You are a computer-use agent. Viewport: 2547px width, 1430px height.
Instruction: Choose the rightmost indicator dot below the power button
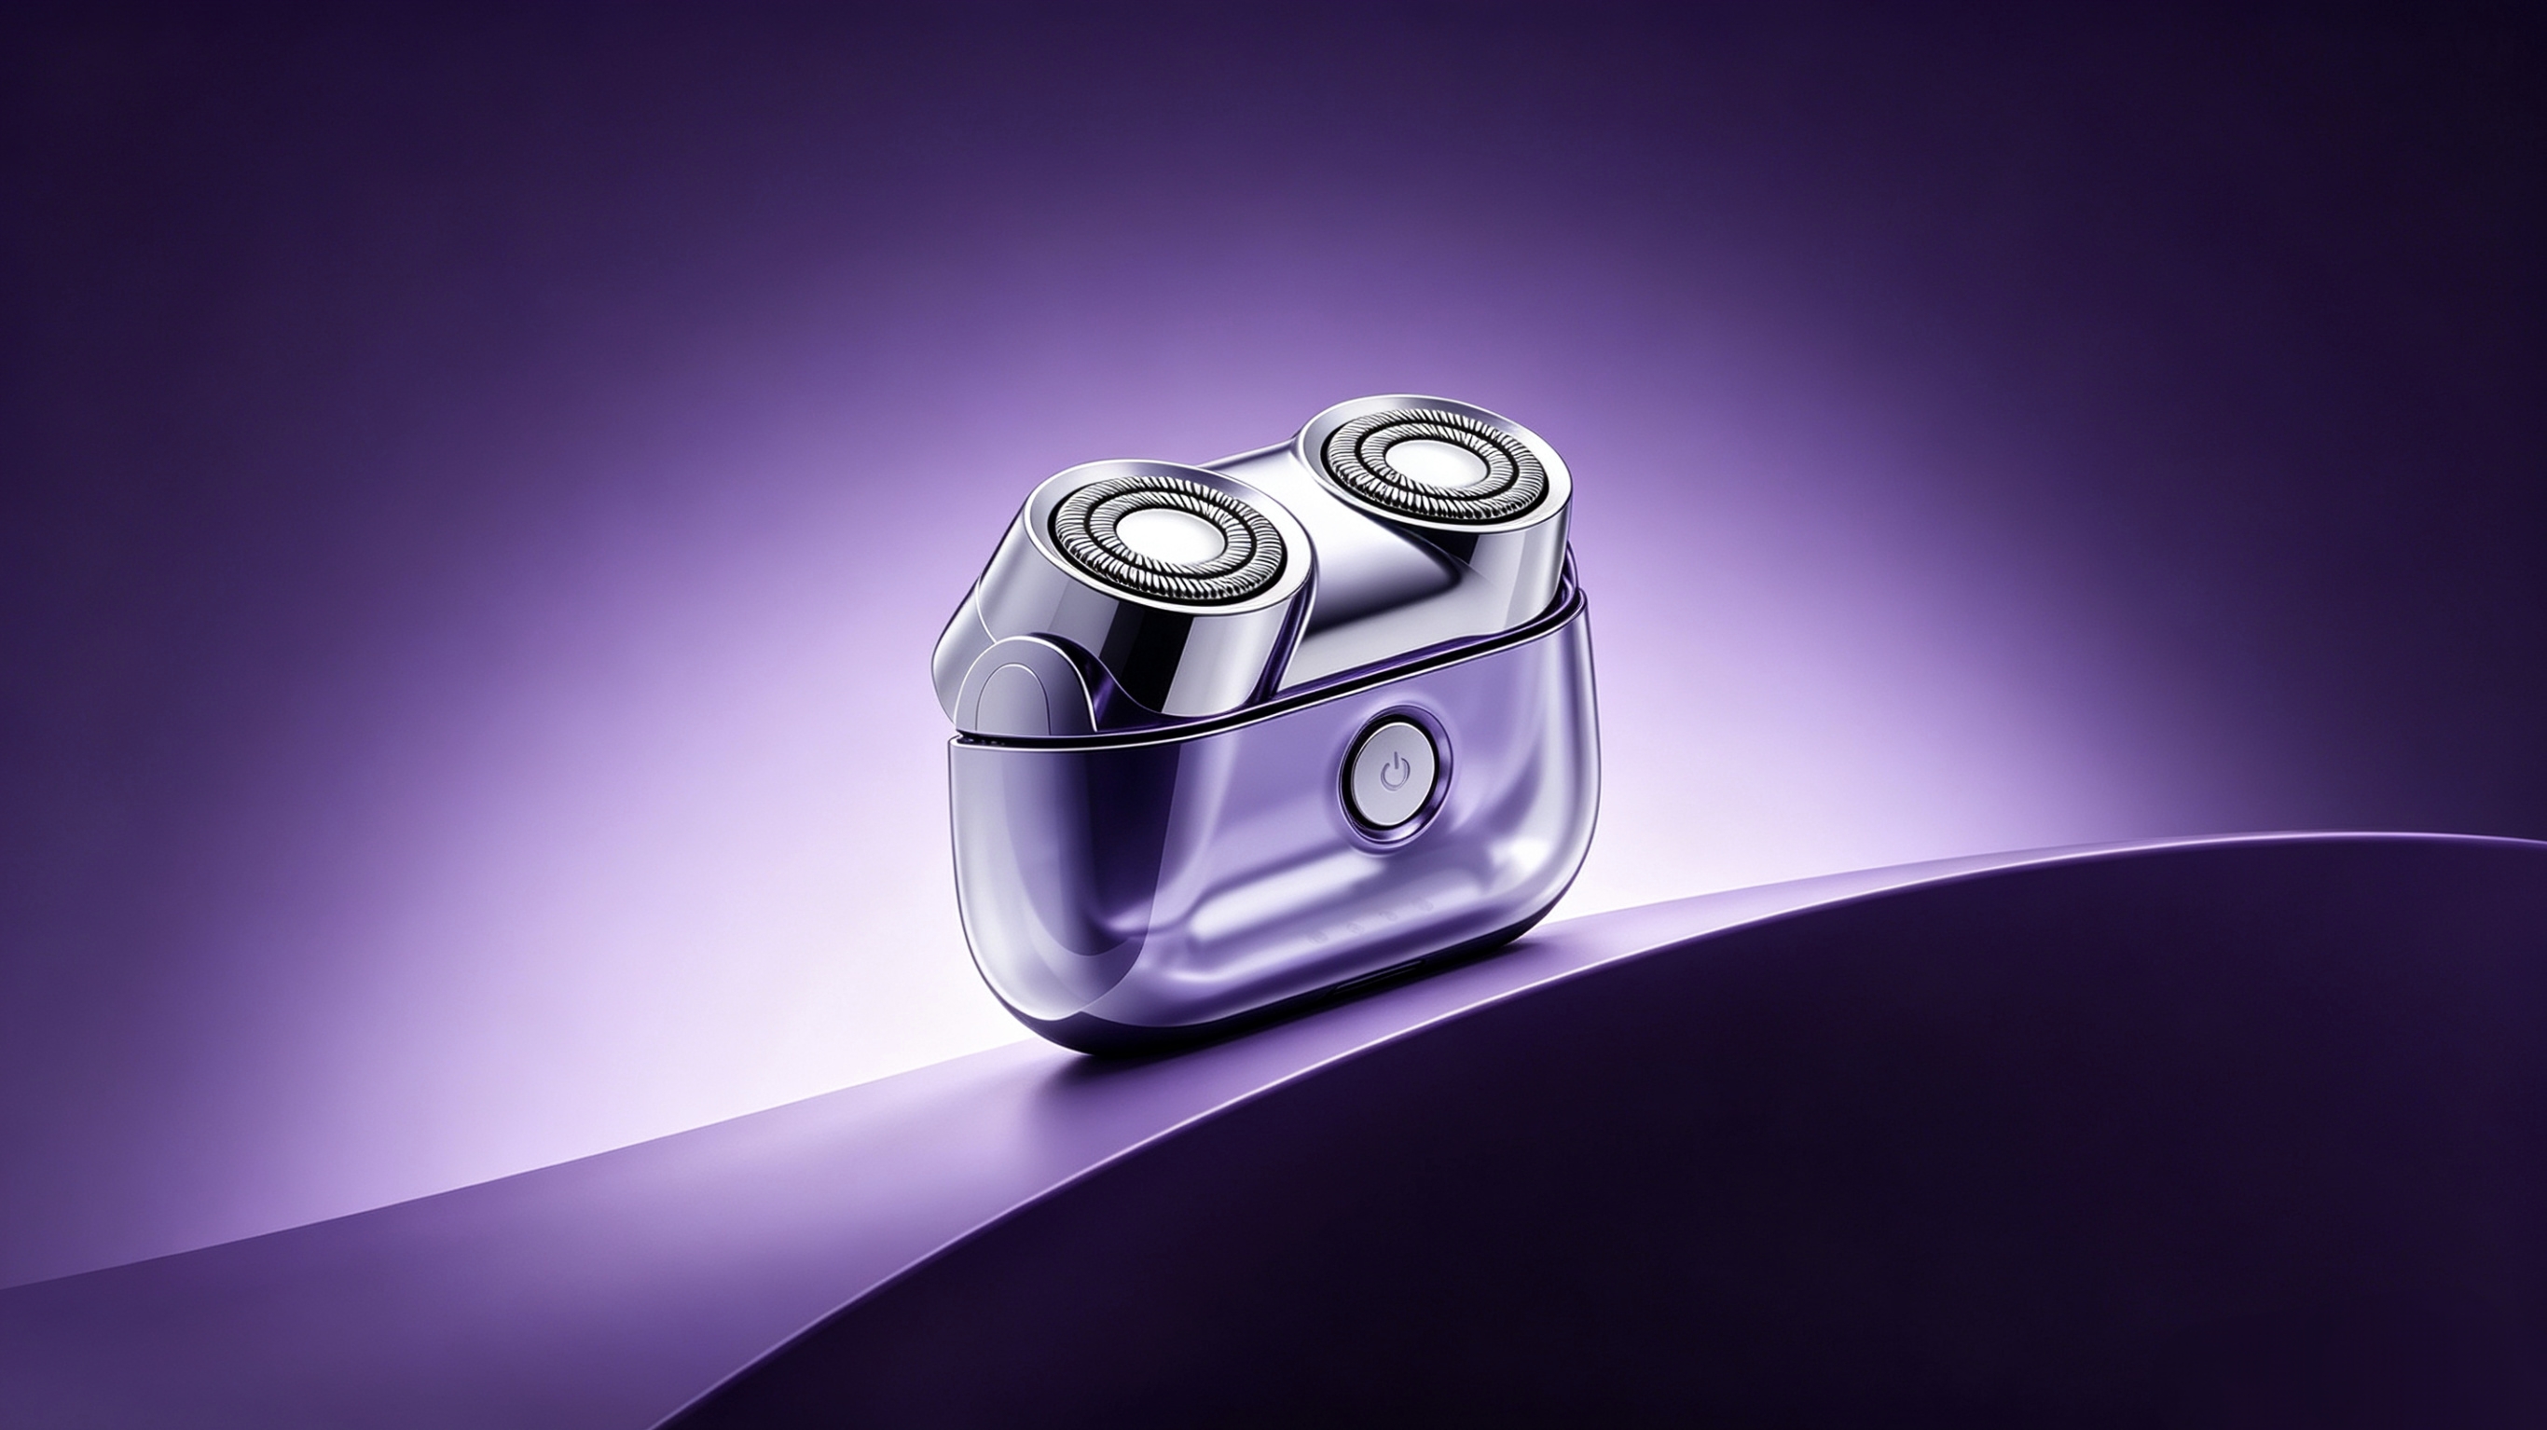pyautogui.click(x=1426, y=905)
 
